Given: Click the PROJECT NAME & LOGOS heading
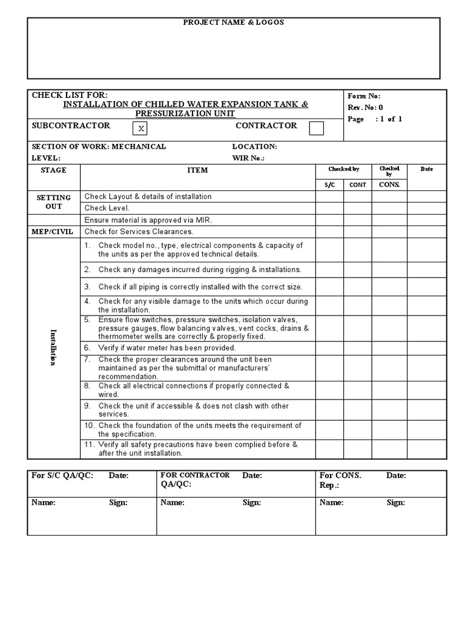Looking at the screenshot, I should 233,22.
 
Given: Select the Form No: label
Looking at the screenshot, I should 364,96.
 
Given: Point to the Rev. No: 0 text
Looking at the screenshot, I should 365,108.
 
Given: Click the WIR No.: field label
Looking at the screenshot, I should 249,158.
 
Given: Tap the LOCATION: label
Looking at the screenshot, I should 254,146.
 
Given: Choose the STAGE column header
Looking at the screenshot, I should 53,170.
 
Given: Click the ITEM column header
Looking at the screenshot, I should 197,170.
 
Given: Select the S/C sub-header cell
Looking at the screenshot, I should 329,184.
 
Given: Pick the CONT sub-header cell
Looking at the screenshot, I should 358,184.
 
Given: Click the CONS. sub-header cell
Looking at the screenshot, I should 389,184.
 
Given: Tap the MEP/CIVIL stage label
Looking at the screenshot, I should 53,232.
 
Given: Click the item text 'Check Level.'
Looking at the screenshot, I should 107,208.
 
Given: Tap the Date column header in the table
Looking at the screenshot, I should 426,169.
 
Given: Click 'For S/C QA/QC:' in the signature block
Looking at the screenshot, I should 62,476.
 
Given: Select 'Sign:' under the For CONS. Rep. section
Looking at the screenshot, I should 396,502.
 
